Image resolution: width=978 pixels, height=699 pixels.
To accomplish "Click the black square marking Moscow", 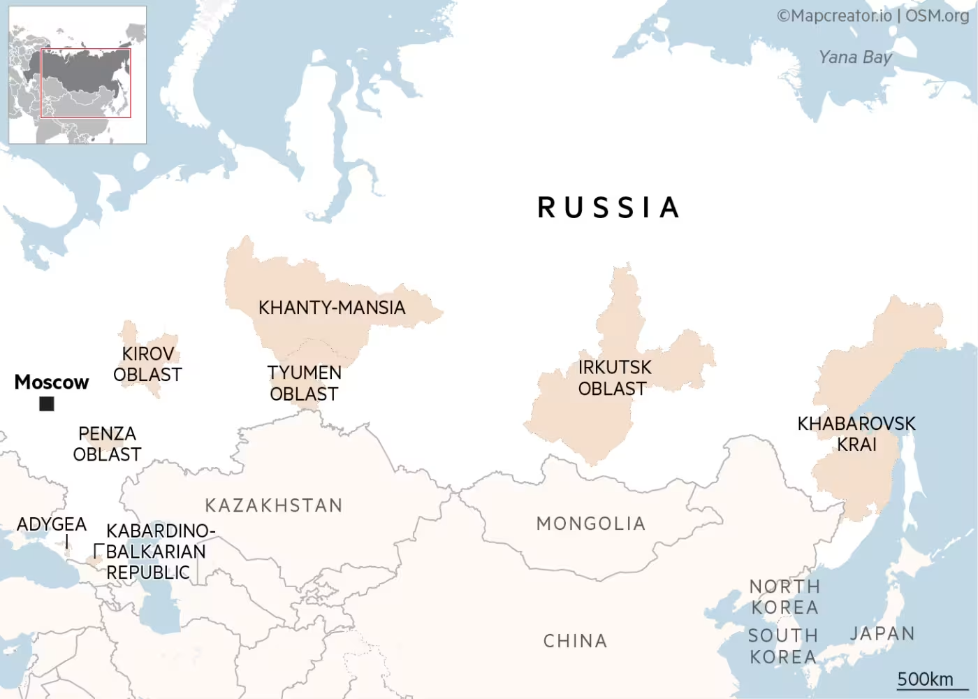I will (x=47, y=403).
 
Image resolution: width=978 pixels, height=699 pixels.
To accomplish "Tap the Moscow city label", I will (x=52, y=382).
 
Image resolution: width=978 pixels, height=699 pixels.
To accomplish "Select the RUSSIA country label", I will (x=608, y=208).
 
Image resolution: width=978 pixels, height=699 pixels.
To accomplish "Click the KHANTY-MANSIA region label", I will (x=332, y=308).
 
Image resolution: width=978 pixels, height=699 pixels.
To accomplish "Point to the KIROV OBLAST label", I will (x=147, y=364).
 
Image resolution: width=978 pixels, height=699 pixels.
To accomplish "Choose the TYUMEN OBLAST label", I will (x=304, y=383).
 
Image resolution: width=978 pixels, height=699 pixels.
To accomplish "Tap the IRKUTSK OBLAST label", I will (x=614, y=377).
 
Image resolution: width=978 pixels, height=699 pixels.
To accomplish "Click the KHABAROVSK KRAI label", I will (x=856, y=433).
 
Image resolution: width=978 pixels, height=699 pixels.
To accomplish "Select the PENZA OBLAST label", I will (x=107, y=444).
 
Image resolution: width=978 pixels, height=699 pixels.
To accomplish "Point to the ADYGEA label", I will (x=52, y=524).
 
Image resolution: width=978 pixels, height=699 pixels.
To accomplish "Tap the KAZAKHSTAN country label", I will (x=274, y=505).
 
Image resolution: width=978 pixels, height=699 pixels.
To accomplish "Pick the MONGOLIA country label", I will (x=591, y=524).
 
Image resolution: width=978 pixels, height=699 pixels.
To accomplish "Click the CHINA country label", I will (x=576, y=641).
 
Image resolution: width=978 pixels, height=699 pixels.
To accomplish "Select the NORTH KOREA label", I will (x=784, y=597).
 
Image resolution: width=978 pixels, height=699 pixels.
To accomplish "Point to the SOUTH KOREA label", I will (x=783, y=646).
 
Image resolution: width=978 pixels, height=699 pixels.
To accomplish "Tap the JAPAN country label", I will (x=882, y=633).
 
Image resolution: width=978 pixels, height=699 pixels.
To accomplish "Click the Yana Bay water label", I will (x=855, y=57).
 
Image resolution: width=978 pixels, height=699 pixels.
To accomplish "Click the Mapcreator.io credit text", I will (x=835, y=15).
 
